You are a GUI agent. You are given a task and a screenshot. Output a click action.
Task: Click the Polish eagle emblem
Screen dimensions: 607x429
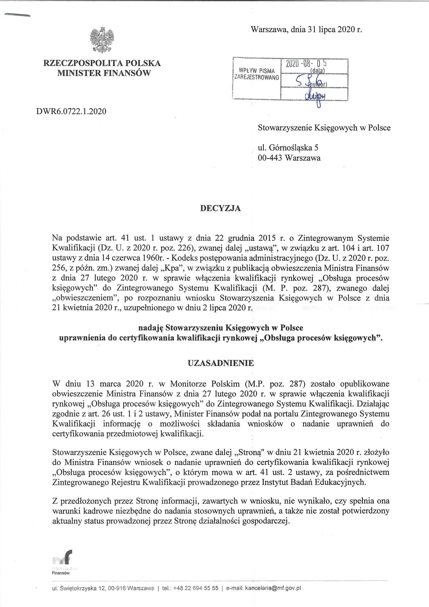102,39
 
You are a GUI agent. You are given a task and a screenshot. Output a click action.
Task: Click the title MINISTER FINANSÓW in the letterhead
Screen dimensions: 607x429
104,73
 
